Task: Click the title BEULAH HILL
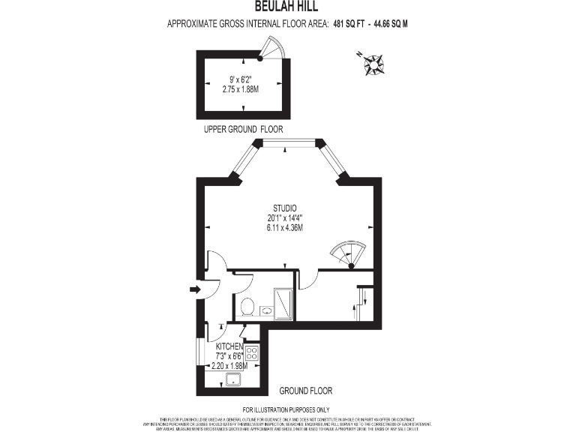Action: point(287,6)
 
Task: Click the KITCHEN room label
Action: point(229,346)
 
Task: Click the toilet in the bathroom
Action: point(246,306)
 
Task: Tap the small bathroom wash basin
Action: point(265,310)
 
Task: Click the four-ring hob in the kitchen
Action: point(252,352)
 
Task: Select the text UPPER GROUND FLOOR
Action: point(244,130)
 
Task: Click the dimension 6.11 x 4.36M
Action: point(285,228)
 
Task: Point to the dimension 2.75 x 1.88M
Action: point(240,88)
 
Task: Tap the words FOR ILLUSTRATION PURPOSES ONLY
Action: point(287,409)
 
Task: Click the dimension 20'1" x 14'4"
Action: point(285,218)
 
